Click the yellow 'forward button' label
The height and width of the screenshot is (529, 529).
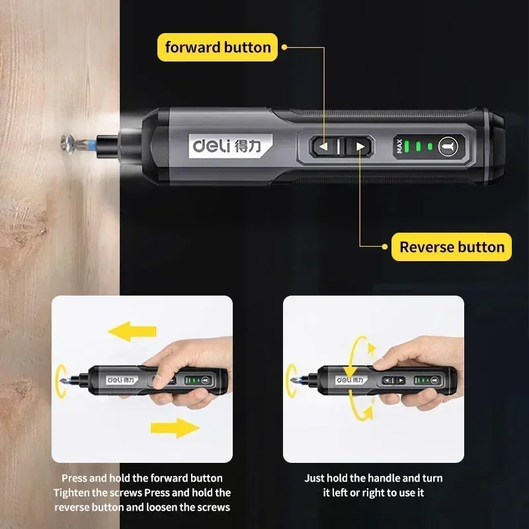click(x=218, y=47)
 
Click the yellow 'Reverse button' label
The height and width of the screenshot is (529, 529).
click(x=452, y=247)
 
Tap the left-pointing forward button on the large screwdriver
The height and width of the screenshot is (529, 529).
click(x=324, y=147)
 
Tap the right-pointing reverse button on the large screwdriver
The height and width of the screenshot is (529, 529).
click(x=360, y=147)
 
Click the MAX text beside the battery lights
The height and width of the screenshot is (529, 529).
click(x=399, y=147)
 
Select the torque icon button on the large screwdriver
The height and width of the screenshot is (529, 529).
click(x=447, y=146)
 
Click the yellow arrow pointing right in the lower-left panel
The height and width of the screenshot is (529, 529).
click(x=175, y=427)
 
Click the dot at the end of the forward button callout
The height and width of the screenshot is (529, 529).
click(x=284, y=47)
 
